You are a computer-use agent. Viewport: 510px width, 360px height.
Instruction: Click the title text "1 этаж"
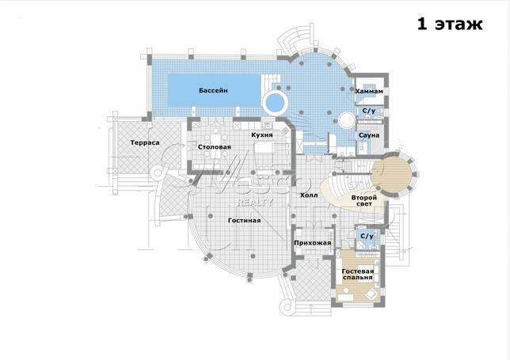(450, 24)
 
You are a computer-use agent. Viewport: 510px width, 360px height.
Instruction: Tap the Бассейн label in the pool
(213, 90)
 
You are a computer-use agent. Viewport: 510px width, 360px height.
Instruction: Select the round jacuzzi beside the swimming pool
(275, 103)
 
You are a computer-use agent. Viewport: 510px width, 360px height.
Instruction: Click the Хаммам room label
(369, 91)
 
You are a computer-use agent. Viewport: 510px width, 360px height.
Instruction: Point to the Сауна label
(369, 135)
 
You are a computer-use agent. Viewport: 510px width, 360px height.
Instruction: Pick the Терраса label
(145, 142)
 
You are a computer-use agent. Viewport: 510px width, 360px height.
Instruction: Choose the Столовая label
(215, 147)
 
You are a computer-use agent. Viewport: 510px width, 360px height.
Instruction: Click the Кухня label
(262, 135)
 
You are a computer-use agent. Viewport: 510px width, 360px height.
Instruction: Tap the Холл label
(309, 195)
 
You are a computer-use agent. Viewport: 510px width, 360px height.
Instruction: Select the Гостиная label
(244, 221)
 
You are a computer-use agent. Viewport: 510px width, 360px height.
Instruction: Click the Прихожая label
(313, 243)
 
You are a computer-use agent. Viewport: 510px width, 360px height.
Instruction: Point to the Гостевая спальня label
(358, 275)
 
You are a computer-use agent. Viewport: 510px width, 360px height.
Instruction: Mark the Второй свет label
(364, 200)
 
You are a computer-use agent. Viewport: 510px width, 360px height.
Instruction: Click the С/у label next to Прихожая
(367, 236)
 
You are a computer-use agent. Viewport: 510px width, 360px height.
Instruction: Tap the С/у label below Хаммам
(369, 111)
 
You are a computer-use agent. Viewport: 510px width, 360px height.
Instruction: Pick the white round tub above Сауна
(347, 121)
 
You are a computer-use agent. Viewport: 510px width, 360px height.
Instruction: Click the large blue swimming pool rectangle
(215, 90)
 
